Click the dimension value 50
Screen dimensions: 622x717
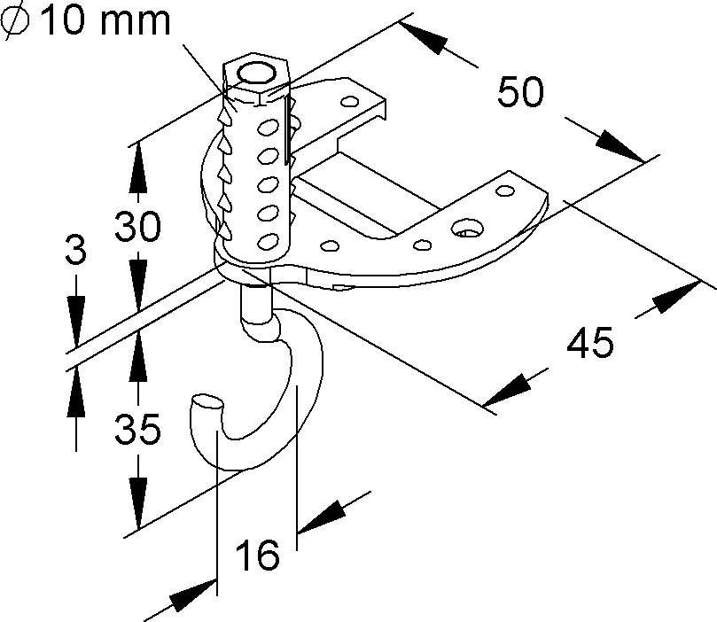coord(520,92)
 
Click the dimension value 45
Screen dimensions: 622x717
coord(591,343)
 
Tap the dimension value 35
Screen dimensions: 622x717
coord(138,431)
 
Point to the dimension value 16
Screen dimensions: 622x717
coord(257,556)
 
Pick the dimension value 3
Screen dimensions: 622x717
coord(75,251)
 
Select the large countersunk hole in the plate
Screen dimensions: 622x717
coord(467,232)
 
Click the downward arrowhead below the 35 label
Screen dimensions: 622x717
coord(137,497)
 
